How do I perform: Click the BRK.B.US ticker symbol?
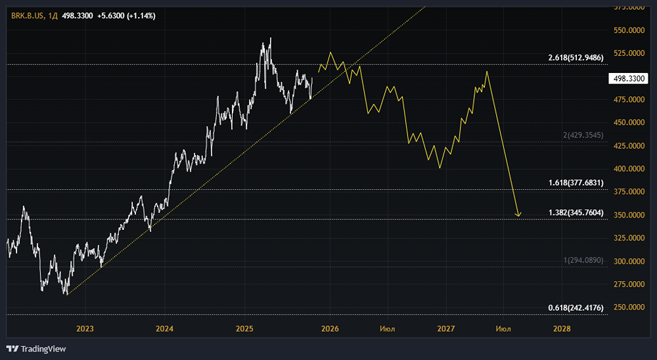[27, 16]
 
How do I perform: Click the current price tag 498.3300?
[627, 78]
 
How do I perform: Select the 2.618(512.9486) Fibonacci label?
[576, 58]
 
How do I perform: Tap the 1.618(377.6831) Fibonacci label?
[576, 183]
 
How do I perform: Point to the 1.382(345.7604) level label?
[576, 214]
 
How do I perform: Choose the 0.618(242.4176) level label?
[576, 307]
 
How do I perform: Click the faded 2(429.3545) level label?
[583, 135]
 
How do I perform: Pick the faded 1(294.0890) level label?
[583, 261]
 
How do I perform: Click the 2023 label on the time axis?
[85, 328]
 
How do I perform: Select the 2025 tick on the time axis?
[244, 328]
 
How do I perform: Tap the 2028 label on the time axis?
[562, 328]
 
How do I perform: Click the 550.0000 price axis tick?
[627, 30]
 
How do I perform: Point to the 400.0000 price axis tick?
[627, 169]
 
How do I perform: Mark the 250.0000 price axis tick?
[627, 307]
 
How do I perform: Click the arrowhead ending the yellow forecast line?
[518, 215]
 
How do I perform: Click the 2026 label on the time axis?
[330, 328]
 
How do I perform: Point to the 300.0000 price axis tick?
[627, 261]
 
